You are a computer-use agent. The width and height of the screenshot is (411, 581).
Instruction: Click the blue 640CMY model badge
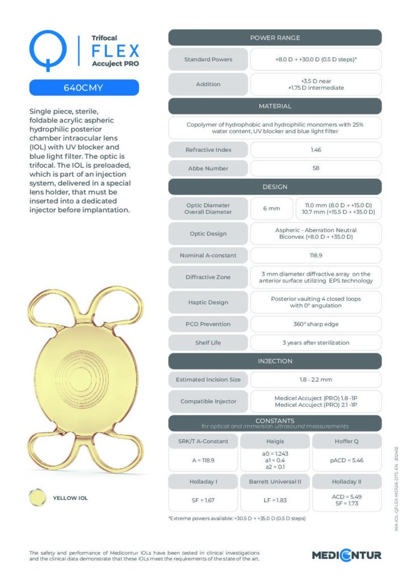tap(84, 88)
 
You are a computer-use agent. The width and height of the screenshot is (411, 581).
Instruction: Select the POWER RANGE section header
tap(275, 37)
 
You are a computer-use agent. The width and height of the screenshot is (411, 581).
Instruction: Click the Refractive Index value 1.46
tap(316, 150)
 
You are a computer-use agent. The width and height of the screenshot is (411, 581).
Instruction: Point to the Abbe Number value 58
tap(316, 169)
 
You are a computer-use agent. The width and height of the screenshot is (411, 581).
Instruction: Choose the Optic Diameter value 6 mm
tap(271, 208)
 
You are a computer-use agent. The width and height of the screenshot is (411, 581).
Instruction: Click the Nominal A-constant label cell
tap(208, 255)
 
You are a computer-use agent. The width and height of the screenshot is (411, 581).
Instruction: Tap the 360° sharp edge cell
tap(316, 324)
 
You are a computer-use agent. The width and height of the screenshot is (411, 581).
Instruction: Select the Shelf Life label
tap(208, 343)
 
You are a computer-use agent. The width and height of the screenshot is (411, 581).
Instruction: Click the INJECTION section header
tap(275, 361)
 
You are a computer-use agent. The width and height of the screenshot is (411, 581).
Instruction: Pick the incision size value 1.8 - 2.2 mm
tap(316, 380)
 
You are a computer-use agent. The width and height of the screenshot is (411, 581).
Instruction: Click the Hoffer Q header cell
tap(346, 441)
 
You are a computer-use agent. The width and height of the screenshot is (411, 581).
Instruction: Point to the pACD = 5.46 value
tap(346, 460)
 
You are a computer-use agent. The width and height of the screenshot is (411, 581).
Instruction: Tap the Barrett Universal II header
tap(275, 482)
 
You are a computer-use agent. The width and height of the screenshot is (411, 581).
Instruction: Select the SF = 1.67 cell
tap(204, 501)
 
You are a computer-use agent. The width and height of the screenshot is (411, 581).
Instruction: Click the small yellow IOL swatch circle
tap(38, 498)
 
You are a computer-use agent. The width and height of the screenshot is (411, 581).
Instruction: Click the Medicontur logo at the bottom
tap(346, 555)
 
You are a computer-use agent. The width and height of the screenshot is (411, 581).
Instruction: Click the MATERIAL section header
tap(275, 106)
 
